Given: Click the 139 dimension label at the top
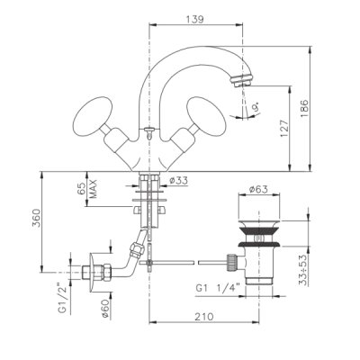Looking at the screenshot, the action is coord(195,20).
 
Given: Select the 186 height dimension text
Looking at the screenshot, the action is coord(304,109).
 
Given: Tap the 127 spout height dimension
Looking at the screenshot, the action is coord(284,129).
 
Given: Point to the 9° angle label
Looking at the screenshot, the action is coord(256,107).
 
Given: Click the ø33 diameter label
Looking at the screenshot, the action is coord(178,181).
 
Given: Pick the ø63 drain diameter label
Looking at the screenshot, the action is coord(258,189).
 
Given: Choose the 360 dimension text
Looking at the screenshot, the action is coord(36,219).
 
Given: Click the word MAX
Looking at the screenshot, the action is coord(94,189).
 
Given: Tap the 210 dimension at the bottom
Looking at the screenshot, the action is coord(204,317).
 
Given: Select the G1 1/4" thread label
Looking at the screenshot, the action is coord(219,288).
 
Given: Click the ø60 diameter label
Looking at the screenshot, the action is coord(105,310).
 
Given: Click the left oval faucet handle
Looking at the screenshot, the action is coord(93,113).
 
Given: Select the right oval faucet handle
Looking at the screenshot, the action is coord(206,113).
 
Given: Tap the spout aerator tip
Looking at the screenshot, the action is coord(242,80).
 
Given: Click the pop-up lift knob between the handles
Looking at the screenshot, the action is coord(148,131).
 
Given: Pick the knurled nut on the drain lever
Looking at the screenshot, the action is coord(230,262).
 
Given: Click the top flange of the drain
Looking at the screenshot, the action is coord(258,223).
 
